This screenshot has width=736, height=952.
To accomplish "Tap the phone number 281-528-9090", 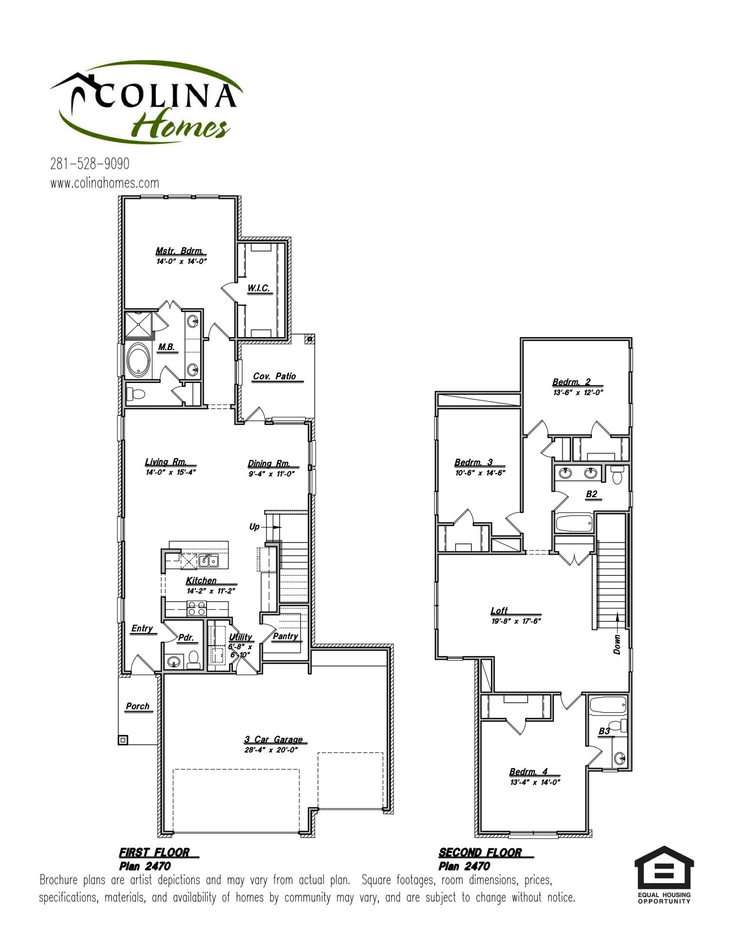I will [90, 164].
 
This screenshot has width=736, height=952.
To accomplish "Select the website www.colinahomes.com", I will [105, 183].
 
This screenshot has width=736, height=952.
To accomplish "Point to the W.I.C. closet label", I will [259, 288].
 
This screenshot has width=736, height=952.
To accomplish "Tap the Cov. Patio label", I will [274, 376].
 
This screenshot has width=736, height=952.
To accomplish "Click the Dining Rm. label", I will [269, 463].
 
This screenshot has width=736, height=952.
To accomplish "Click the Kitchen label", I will [201, 580].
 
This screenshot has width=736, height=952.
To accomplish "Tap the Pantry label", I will [285, 636].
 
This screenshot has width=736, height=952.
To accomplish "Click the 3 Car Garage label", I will [273, 739].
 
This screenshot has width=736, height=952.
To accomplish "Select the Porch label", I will [138, 706].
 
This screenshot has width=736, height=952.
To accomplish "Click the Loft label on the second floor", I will [499, 610].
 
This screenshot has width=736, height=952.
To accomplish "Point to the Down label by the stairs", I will [617, 644].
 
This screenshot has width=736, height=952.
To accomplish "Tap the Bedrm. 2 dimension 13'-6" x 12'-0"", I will [578, 392].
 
